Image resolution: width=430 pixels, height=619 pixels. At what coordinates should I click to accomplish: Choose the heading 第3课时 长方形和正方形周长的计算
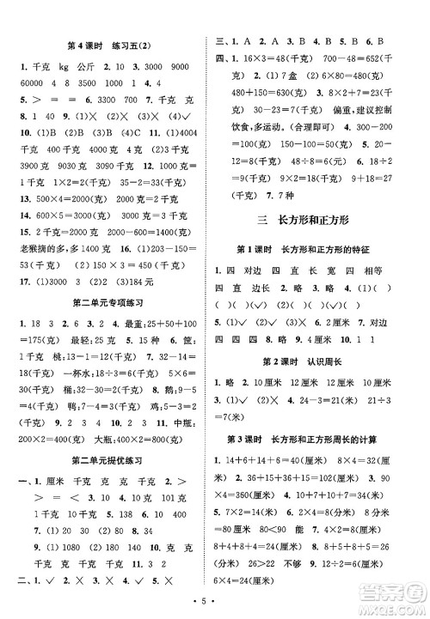[x=316, y=441]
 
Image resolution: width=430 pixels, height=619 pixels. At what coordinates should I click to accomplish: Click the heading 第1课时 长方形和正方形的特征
[x=316, y=249]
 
